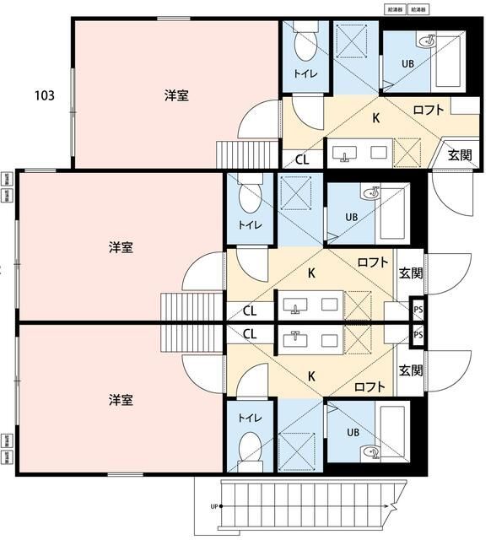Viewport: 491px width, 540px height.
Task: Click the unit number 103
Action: [x=45, y=95]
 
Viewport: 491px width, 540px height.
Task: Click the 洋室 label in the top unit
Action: [x=176, y=95]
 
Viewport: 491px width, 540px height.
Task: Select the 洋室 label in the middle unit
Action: [x=121, y=247]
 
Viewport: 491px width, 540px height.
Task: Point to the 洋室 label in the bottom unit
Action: [x=121, y=397]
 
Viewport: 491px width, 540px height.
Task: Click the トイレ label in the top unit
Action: [x=305, y=74]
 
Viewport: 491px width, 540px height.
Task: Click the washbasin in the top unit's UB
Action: [x=428, y=40]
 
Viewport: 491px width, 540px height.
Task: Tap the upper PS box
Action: [x=418, y=310]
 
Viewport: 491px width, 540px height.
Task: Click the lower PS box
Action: [x=418, y=335]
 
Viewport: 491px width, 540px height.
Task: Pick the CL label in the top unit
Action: [x=302, y=159]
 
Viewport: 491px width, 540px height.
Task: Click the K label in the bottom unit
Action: [x=311, y=376]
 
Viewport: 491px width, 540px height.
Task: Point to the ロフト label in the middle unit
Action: [x=372, y=262]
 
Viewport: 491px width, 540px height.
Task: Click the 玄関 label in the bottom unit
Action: [x=411, y=370]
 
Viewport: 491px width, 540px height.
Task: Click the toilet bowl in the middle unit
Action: [x=251, y=199]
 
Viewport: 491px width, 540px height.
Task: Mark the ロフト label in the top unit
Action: [x=429, y=109]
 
